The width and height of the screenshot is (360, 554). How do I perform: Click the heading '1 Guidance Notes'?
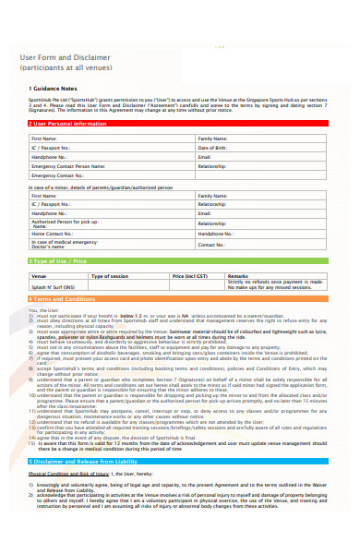tap(47, 89)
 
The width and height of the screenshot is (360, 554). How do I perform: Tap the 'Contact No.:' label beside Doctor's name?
tap(211, 245)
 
